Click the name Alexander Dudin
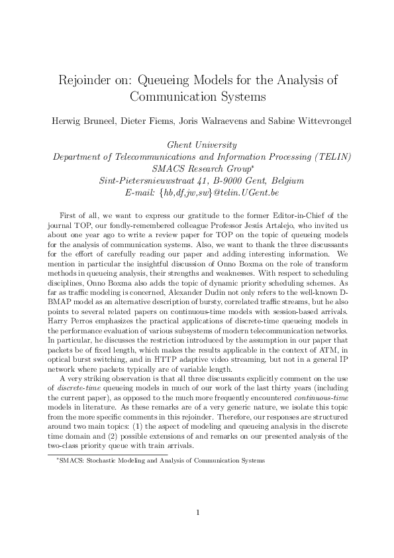[x=166, y=290]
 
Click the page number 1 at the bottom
[x=197, y=512]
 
